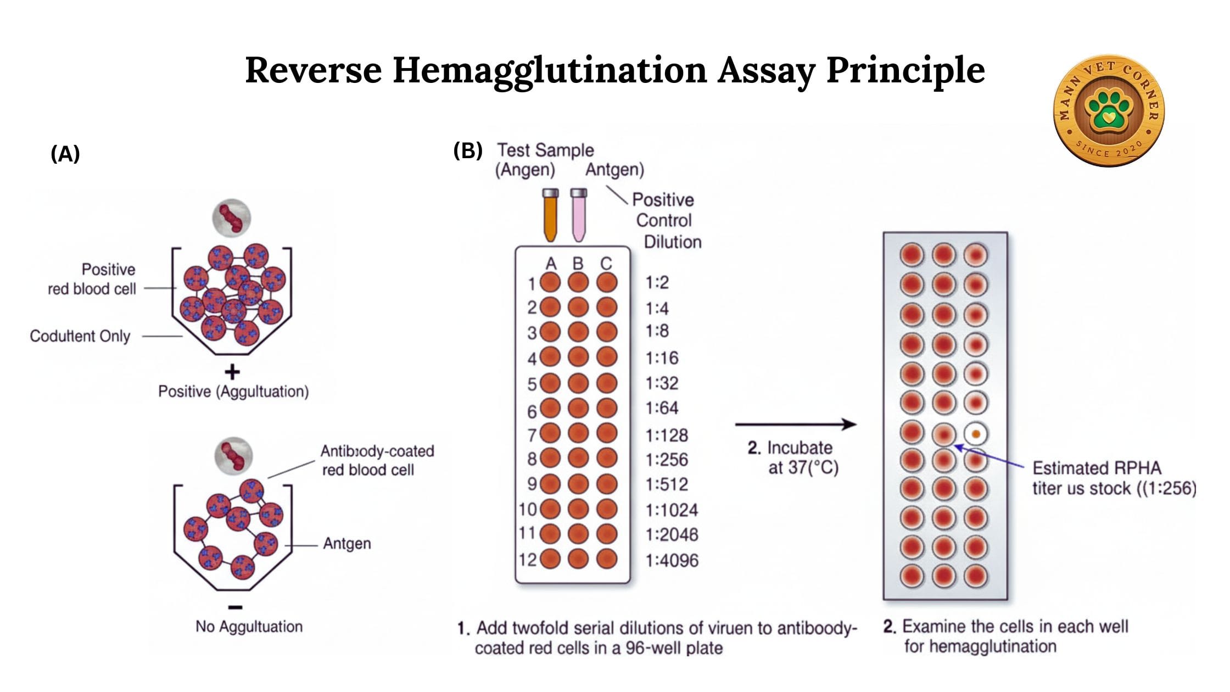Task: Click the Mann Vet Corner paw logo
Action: [x=1109, y=110]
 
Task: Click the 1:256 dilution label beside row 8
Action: [x=667, y=459]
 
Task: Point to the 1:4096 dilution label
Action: [x=672, y=560]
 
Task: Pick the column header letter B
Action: [x=578, y=264]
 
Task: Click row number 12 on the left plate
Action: [x=527, y=560]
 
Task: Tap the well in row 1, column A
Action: [x=550, y=283]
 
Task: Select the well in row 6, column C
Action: [x=607, y=408]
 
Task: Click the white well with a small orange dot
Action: [x=976, y=434]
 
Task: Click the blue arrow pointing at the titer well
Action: [x=988, y=457]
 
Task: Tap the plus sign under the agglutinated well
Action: [x=232, y=372]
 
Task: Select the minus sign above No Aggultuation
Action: [x=235, y=607]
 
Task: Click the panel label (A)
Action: [x=65, y=154]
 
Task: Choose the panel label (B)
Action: [x=467, y=150]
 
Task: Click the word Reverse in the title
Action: [x=313, y=70]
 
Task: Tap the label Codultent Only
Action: [x=80, y=336]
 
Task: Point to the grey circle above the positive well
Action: [x=232, y=218]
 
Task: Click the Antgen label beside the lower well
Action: [x=346, y=543]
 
